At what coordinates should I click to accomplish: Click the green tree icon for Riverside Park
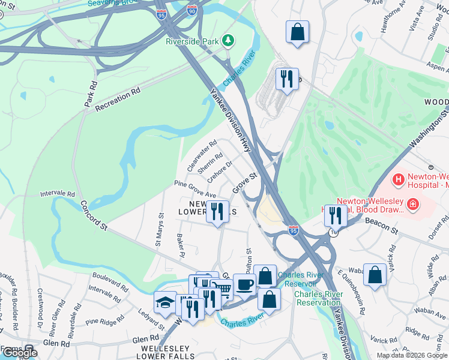228,41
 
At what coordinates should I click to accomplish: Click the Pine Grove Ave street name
194,190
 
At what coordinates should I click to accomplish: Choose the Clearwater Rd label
202,157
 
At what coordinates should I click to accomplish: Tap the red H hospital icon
398,179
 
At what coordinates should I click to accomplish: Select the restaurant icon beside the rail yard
286,79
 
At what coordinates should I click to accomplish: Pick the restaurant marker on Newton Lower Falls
217,211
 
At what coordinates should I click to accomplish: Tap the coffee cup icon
244,284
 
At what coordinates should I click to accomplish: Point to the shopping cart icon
223,289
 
